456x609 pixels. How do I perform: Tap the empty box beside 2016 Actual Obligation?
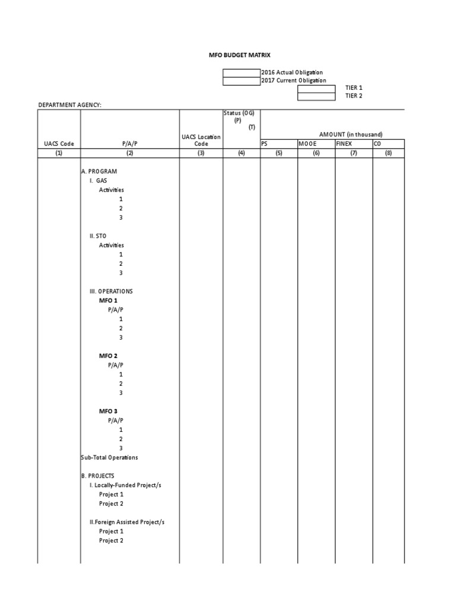pos(241,73)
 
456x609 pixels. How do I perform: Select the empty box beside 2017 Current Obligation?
pos(241,81)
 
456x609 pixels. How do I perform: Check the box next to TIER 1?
pos(316,88)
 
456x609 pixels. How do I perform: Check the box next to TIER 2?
pos(316,96)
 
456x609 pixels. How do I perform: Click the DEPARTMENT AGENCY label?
pos(70,105)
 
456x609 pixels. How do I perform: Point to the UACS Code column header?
pos(59,144)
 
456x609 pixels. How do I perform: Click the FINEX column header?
pos(344,144)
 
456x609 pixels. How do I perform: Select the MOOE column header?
pos(308,144)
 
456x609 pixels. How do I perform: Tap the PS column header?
pos(265,144)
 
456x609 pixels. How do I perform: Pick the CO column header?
pos(377,144)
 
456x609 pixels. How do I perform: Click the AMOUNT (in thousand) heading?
pos(350,134)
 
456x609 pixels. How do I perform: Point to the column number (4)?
pos(241,153)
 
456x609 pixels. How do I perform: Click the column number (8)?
pos(388,153)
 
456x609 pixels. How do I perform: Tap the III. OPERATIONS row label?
pos(111,291)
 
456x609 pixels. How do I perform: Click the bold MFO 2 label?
pos(108,356)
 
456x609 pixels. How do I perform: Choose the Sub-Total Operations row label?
pos(109,457)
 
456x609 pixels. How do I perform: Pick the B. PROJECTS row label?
pos(97,476)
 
